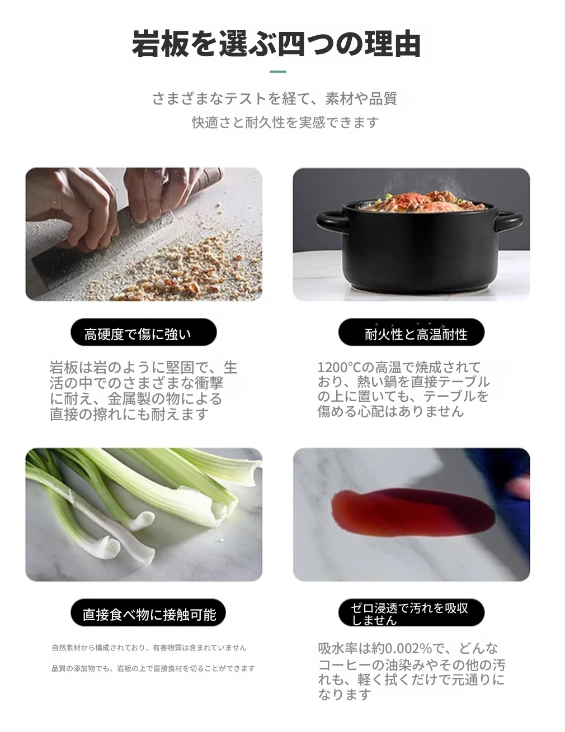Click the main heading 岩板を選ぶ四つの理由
(x=276, y=44)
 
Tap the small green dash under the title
(x=278, y=72)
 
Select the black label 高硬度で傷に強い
(x=144, y=332)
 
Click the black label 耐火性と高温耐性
(x=411, y=332)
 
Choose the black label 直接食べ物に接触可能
(x=148, y=612)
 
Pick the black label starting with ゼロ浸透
(x=411, y=612)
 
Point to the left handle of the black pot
(x=331, y=223)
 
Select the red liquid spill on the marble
(x=413, y=514)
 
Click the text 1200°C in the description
(x=340, y=367)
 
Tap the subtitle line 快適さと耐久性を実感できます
(x=285, y=122)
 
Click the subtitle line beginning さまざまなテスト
(x=275, y=99)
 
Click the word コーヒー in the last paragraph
(x=343, y=664)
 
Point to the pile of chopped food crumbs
(x=178, y=269)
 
